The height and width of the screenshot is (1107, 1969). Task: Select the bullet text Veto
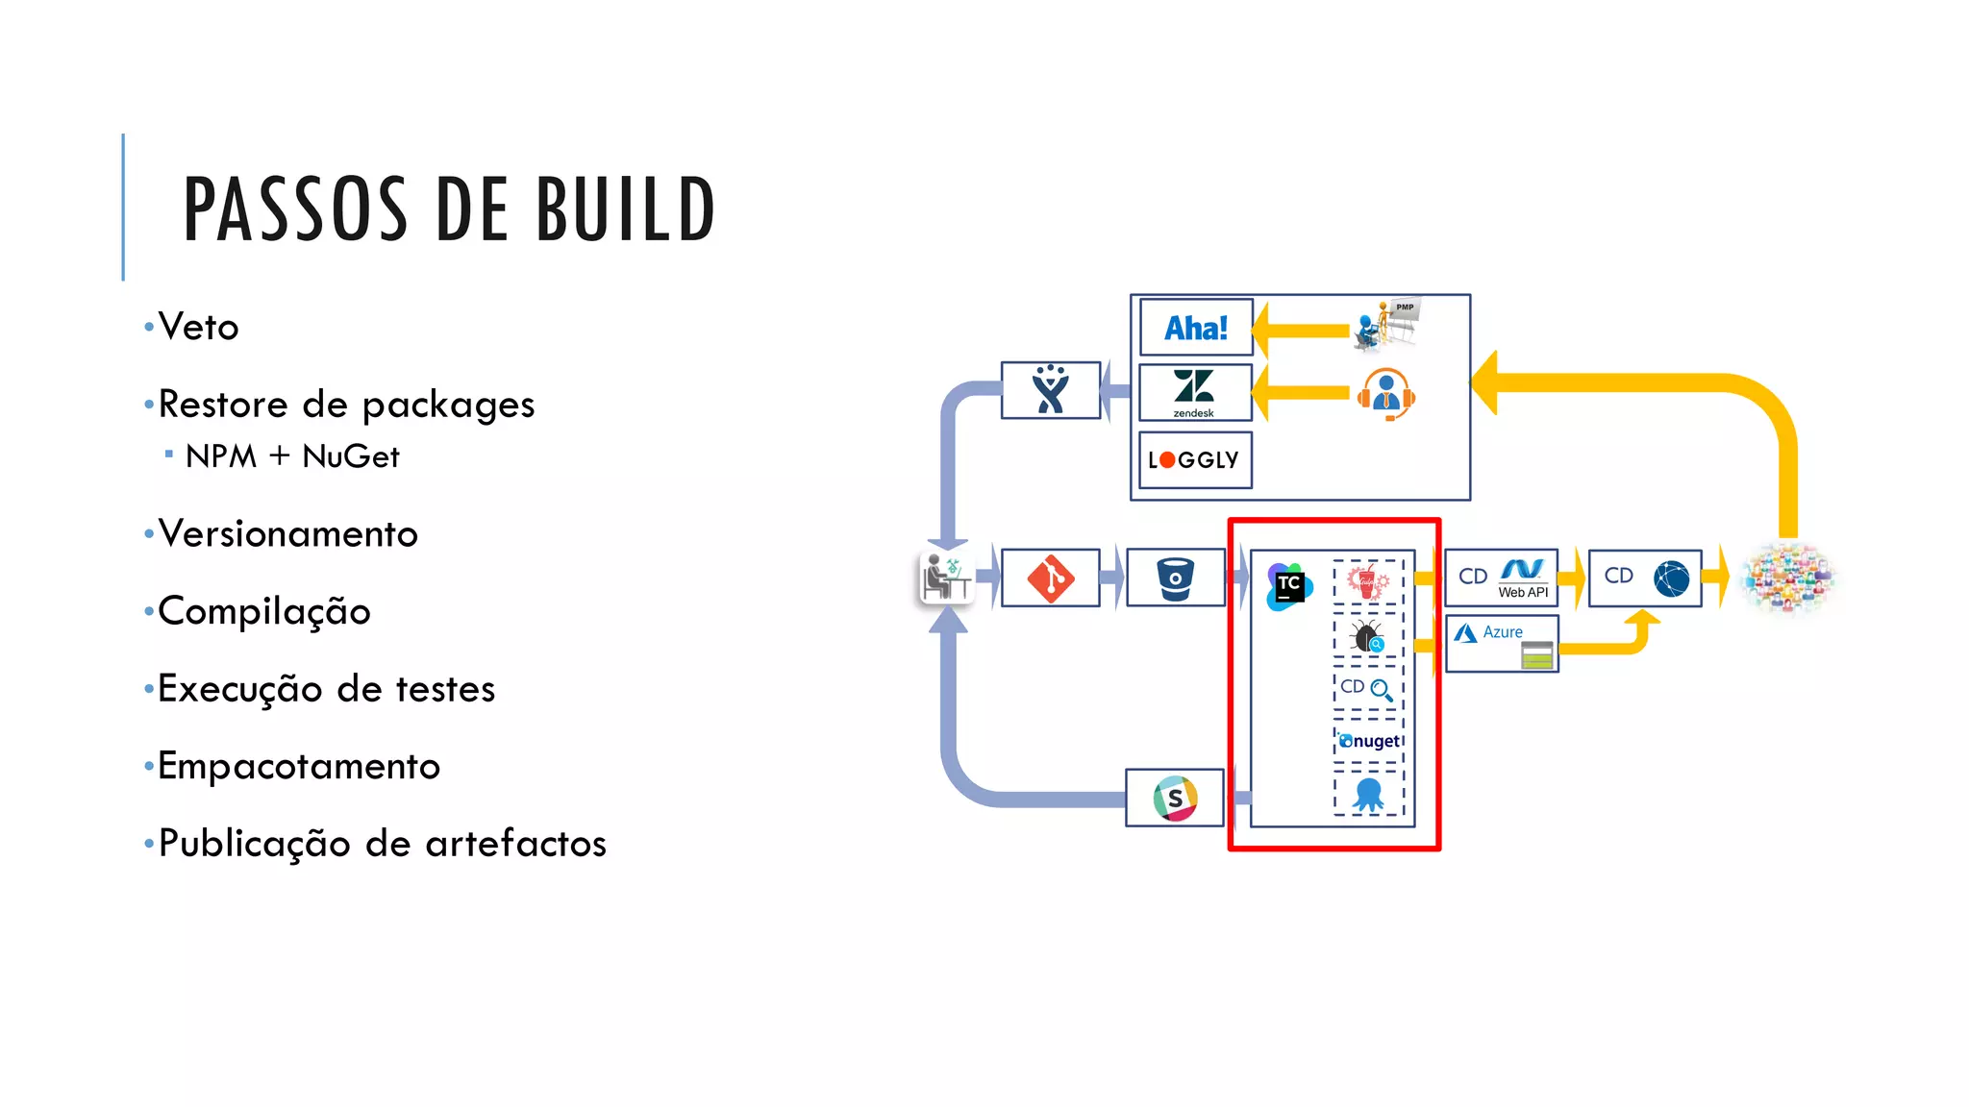coord(198,328)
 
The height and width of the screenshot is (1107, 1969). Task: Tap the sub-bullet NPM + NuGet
coord(291,456)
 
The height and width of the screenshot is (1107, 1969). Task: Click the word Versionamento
coord(287,534)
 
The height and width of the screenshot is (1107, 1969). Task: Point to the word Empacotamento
coord(298,767)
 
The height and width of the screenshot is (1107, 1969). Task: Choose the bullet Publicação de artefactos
coord(382,844)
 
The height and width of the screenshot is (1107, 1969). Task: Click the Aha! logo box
coord(1195,328)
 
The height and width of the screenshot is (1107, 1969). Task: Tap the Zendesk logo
coord(1194,391)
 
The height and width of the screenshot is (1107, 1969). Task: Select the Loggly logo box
coord(1194,460)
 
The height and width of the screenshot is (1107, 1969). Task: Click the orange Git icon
coord(1050,578)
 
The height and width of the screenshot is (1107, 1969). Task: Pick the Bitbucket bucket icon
coord(1175,578)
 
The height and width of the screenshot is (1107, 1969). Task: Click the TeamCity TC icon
coord(1288,586)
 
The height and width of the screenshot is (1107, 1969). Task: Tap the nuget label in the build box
coord(1370,741)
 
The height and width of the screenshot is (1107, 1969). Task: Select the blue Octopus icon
coord(1368,795)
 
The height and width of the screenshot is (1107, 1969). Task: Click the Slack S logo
coord(1175,798)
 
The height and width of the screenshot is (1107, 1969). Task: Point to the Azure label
coord(1502,632)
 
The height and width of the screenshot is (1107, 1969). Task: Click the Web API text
coord(1523,593)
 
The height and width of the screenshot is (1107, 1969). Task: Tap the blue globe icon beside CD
coord(1671,578)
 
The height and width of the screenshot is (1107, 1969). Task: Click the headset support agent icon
coord(1385,394)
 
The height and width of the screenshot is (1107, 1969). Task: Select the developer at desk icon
coord(946,578)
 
